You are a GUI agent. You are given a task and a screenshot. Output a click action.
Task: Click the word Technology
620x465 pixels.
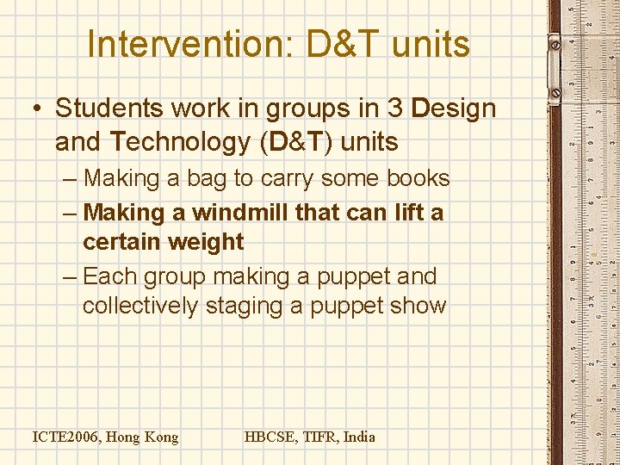point(179,142)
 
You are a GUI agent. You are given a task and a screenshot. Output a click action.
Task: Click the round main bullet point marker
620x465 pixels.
point(38,109)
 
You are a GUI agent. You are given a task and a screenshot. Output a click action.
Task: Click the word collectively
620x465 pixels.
point(140,307)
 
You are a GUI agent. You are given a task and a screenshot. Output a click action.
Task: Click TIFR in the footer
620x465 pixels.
point(321,437)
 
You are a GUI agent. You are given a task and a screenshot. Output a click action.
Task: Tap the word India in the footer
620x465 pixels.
point(360,437)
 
